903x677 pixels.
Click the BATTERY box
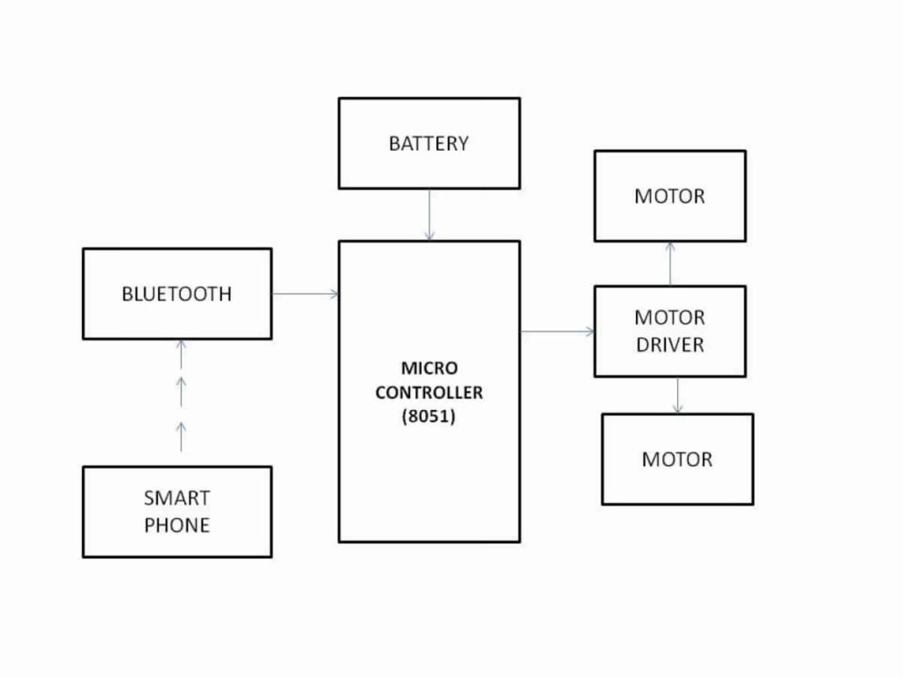(x=429, y=143)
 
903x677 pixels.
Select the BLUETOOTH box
(x=176, y=294)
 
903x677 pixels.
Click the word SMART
(x=176, y=498)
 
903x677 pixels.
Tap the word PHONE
(x=176, y=525)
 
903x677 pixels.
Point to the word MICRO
(x=429, y=368)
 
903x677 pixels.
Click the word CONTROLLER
(x=429, y=392)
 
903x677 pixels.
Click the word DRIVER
(x=669, y=345)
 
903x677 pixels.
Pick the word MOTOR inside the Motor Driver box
(x=669, y=317)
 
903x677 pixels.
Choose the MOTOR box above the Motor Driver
(x=669, y=196)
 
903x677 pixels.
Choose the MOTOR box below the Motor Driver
(x=677, y=459)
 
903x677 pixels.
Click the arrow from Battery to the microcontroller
(x=429, y=215)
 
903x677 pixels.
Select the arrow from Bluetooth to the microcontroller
(x=305, y=294)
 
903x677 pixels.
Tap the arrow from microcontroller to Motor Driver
(x=557, y=331)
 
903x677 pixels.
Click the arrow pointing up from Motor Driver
(x=670, y=263)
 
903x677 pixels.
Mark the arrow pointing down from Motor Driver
(x=677, y=396)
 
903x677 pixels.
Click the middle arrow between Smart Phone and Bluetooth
(x=182, y=391)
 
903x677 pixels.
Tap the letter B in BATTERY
(x=394, y=143)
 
